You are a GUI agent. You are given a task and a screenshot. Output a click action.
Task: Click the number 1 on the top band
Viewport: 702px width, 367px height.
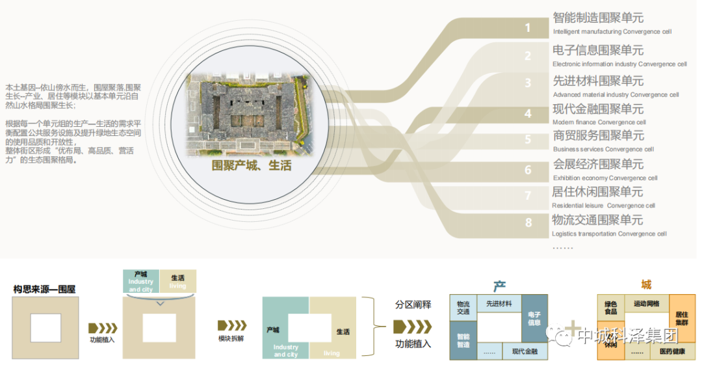coord(528,28)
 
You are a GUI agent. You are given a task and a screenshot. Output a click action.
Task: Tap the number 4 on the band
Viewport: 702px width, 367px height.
coord(528,114)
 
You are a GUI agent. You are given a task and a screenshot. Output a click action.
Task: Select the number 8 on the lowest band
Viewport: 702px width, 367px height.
coord(528,223)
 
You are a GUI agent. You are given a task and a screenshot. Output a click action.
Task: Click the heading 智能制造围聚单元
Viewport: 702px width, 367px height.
coord(598,18)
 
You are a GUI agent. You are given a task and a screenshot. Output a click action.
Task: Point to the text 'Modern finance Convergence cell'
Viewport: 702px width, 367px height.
coord(599,122)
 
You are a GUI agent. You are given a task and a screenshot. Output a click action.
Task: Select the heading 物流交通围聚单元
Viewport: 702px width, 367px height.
coord(597,220)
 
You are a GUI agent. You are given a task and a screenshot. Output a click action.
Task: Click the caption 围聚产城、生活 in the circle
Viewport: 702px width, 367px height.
coord(252,166)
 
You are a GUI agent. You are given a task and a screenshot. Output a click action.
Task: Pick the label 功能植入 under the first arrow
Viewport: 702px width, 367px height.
coord(103,340)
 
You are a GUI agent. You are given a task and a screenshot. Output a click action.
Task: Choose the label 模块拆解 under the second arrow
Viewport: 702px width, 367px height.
coord(231,338)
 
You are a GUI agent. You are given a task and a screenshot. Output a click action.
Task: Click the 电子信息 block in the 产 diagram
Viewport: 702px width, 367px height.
coord(534,318)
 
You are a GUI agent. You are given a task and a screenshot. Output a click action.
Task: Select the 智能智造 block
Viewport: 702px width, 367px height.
coord(463,340)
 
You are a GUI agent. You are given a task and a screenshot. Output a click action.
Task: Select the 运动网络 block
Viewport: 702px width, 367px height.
coord(645,304)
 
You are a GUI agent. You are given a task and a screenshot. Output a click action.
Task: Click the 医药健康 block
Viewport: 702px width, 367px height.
coord(671,351)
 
